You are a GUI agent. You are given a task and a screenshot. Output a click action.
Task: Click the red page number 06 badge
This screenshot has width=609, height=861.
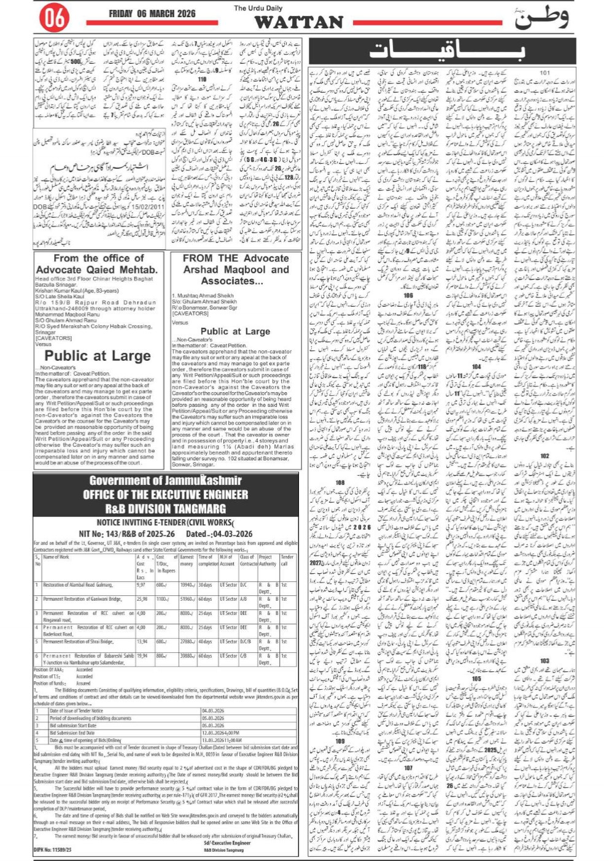click(x=54, y=19)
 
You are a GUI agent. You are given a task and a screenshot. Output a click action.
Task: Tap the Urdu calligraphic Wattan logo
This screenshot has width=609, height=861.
click(x=540, y=19)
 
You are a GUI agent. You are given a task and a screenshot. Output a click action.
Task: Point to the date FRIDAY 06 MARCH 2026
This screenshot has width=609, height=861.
click(x=152, y=14)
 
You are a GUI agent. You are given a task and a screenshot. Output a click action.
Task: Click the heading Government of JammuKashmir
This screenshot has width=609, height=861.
click(x=166, y=481)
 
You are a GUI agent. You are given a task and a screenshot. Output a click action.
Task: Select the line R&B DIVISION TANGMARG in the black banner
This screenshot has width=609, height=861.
click(x=166, y=508)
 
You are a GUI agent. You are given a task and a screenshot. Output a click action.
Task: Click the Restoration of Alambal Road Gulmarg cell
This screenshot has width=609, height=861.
click(x=78, y=585)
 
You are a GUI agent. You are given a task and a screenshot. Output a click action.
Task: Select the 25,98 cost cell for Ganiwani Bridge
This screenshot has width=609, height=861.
click(x=142, y=599)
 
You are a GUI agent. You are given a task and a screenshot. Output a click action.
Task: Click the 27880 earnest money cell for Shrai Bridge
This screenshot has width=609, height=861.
click(x=187, y=641)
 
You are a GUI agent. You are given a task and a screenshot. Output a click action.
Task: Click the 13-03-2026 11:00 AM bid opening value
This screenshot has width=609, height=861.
click(x=222, y=740)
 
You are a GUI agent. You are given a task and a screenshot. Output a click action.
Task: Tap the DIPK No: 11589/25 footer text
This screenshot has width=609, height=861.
click(x=52, y=849)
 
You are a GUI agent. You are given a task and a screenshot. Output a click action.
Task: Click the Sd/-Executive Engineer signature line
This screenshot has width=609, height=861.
click(x=227, y=843)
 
